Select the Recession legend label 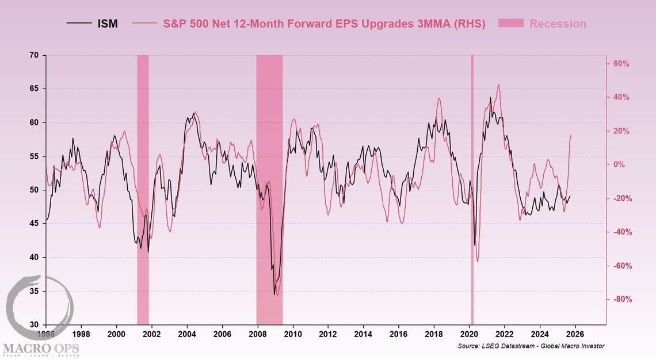pyautogui.click(x=558, y=24)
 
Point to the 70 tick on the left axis pyautogui.click(x=34, y=55)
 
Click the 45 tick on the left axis pyautogui.click(x=34, y=224)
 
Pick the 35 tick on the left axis pyautogui.click(x=34, y=292)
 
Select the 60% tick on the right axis pyautogui.click(x=622, y=64)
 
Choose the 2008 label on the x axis pyautogui.click(x=258, y=334)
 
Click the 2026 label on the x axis pyautogui.click(x=575, y=334)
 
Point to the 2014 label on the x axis pyautogui.click(x=363, y=334)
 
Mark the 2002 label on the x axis pyautogui.click(x=151, y=334)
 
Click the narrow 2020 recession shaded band pyautogui.click(x=472, y=190)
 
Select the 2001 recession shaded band pyautogui.click(x=143, y=190)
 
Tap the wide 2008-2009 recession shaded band pyautogui.click(x=269, y=190)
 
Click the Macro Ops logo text pyautogui.click(x=40, y=348)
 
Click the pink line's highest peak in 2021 pyautogui.click(x=498, y=85)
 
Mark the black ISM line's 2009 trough pyautogui.click(x=274, y=294)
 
